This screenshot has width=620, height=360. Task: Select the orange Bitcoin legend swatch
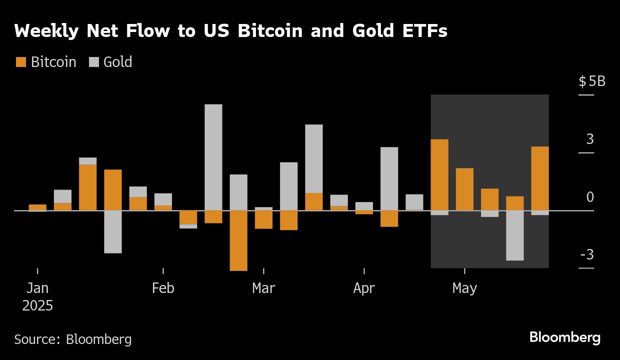click(21, 62)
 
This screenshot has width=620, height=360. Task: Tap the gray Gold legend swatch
click(94, 62)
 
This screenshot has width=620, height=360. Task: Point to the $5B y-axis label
click(591, 81)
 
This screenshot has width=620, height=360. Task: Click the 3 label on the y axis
click(590, 139)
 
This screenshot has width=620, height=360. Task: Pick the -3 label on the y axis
click(587, 255)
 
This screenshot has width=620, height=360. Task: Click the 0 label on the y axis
click(590, 197)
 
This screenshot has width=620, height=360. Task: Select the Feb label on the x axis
click(163, 288)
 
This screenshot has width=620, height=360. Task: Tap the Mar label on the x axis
click(263, 288)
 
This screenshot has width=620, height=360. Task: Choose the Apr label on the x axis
click(364, 288)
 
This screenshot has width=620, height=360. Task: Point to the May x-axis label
click(464, 288)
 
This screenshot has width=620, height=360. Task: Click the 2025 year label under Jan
click(37, 305)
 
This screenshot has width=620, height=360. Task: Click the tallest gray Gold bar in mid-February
click(213, 157)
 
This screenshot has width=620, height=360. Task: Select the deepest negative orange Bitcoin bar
click(238, 240)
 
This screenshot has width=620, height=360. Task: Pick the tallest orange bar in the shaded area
click(439, 174)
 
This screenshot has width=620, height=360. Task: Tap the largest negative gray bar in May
click(515, 235)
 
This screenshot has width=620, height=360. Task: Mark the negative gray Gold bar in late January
click(113, 231)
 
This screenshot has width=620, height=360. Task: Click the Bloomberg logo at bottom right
click(564, 337)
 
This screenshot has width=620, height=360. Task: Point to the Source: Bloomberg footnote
click(73, 339)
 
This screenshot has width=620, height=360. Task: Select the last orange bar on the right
click(540, 178)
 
